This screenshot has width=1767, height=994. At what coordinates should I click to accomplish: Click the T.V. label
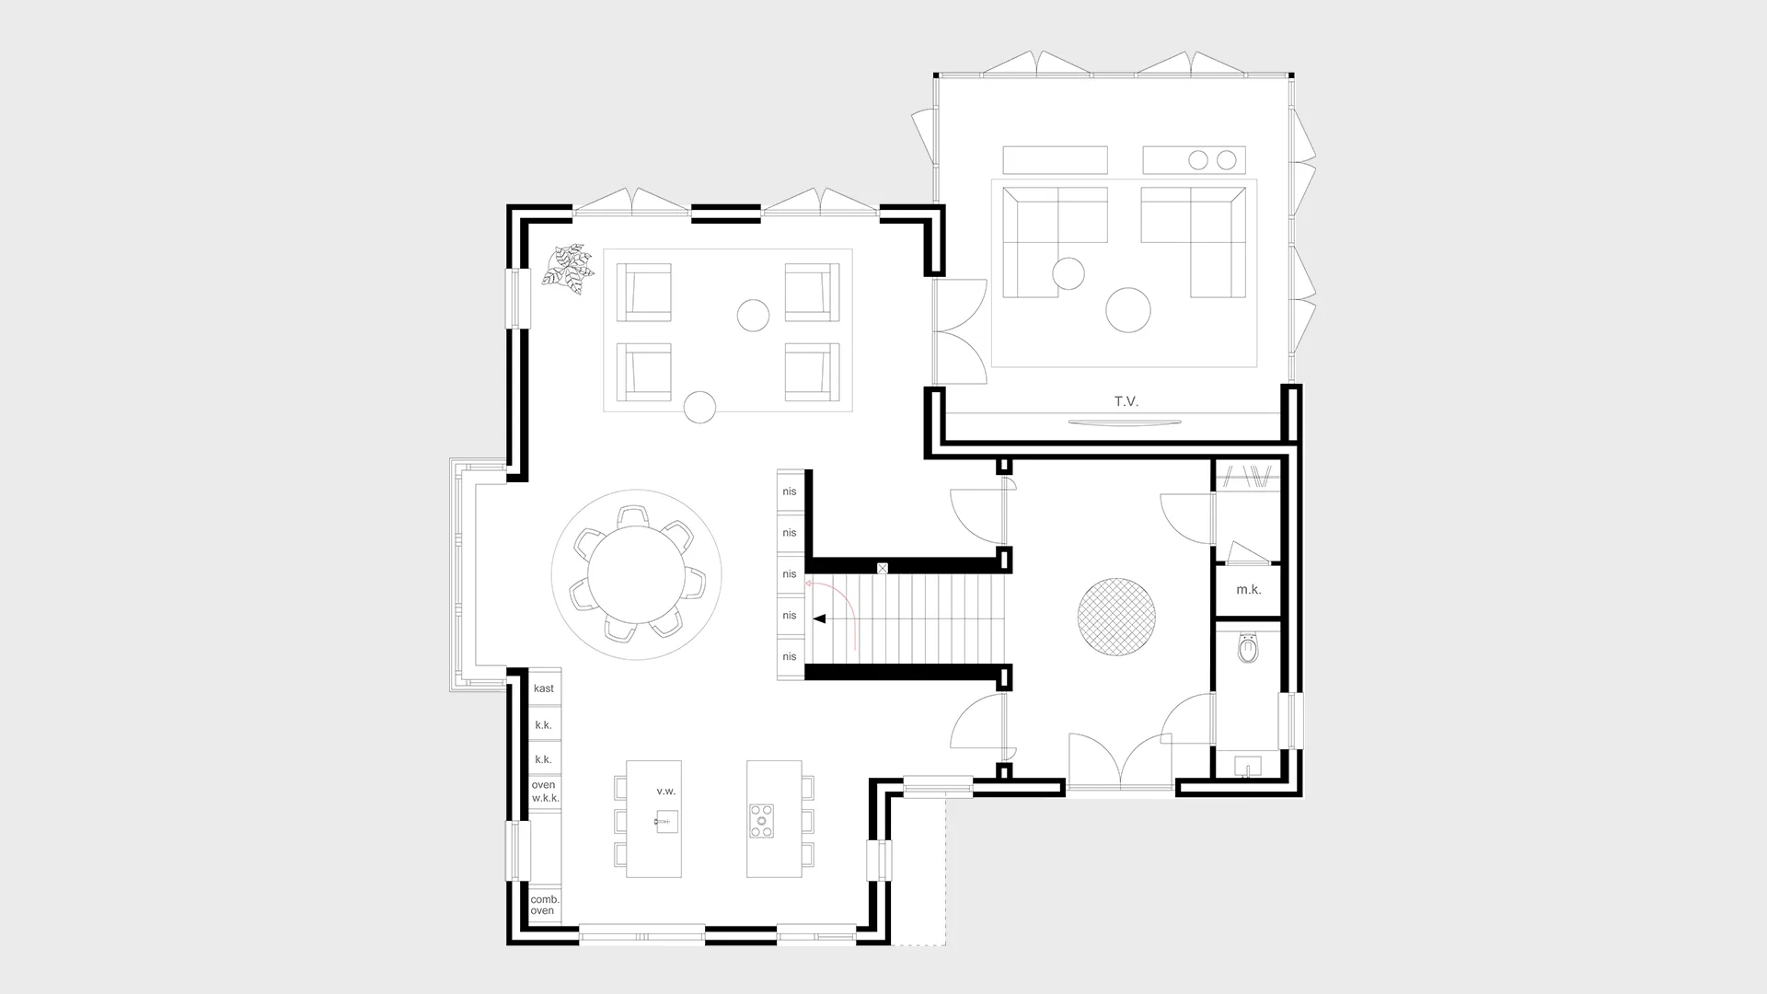pyautogui.click(x=1126, y=401)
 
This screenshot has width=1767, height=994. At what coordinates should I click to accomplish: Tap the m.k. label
pyautogui.click(x=1248, y=590)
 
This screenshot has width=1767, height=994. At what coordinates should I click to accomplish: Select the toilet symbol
pyautogui.click(x=1248, y=649)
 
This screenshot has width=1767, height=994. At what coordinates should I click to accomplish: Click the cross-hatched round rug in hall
pyautogui.click(x=1115, y=617)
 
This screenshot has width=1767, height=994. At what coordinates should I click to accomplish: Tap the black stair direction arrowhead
pyautogui.click(x=818, y=619)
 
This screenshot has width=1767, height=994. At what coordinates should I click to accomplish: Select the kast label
pyautogui.click(x=544, y=688)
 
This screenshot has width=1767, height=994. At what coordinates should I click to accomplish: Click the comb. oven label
pyautogui.click(x=544, y=905)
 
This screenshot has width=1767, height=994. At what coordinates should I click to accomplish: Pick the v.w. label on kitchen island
pyautogui.click(x=665, y=792)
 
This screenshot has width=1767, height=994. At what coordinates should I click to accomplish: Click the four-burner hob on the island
pyautogui.click(x=761, y=821)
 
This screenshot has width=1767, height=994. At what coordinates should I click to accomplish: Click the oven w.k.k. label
pyautogui.click(x=545, y=792)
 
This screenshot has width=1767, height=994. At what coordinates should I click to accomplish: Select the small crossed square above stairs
pyautogui.click(x=883, y=569)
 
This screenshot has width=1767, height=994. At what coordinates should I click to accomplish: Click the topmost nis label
pyautogui.click(x=790, y=491)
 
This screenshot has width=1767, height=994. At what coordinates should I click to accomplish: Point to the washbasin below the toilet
pyautogui.click(x=1248, y=766)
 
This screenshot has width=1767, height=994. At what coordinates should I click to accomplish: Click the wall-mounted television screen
pyautogui.click(x=1125, y=422)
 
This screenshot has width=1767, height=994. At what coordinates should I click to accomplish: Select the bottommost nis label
pyautogui.click(x=790, y=657)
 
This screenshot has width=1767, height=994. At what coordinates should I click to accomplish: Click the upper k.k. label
pyautogui.click(x=544, y=725)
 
